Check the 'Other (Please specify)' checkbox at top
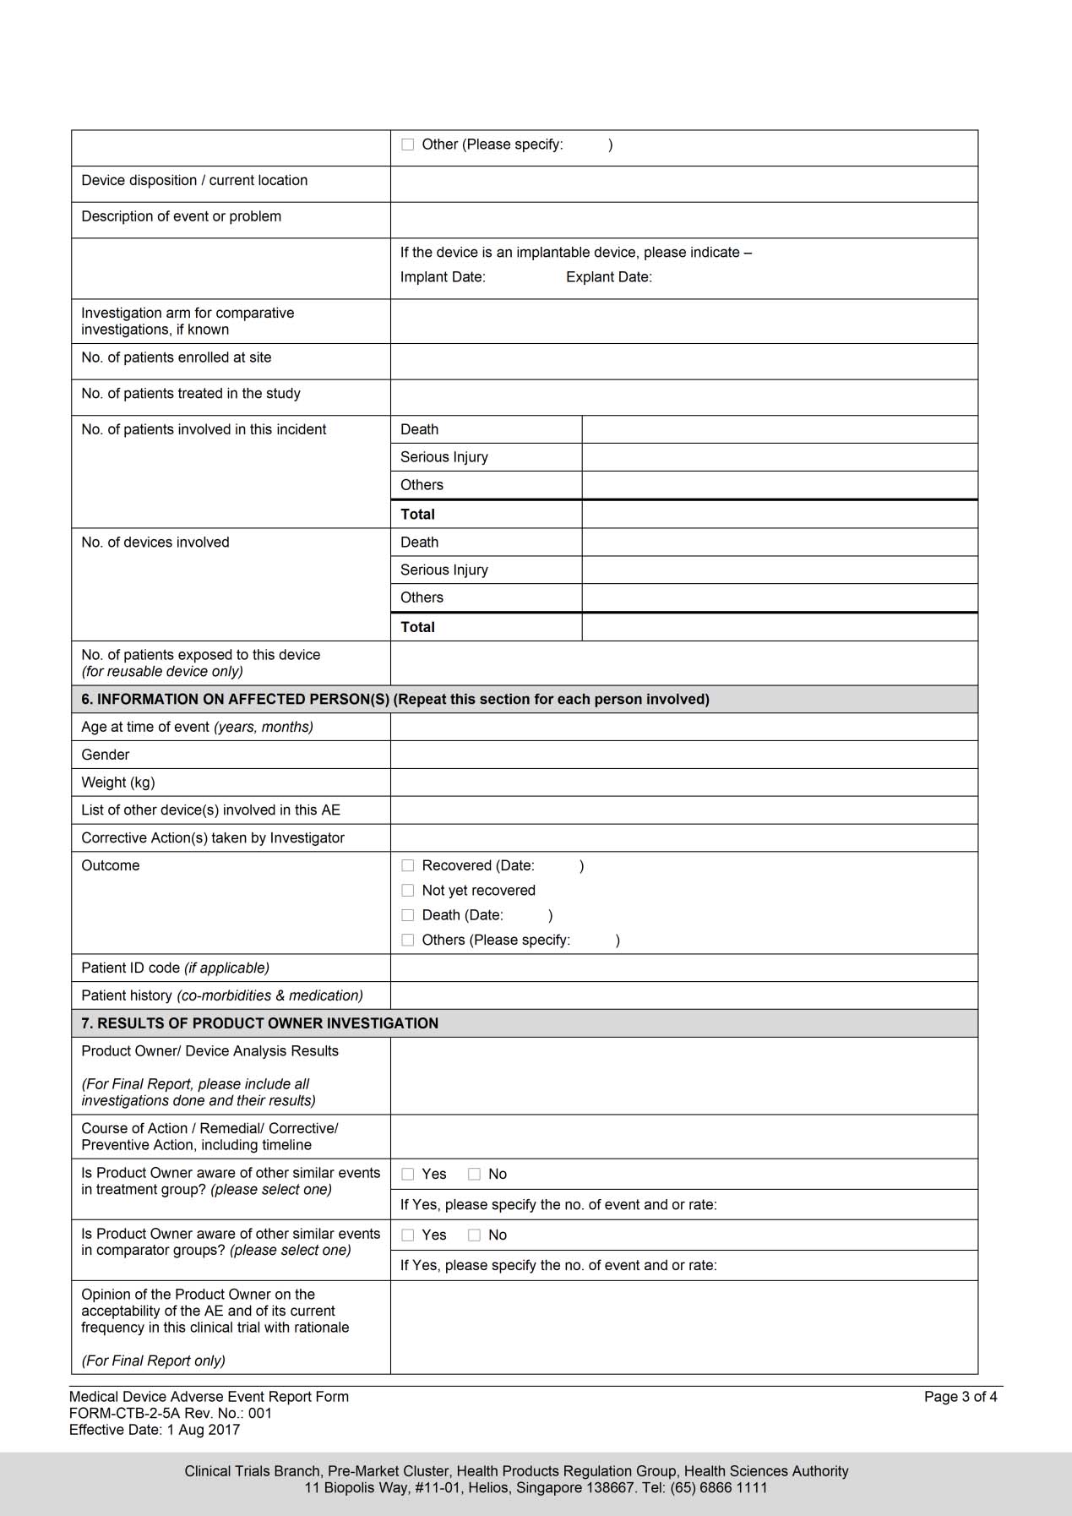[x=408, y=145]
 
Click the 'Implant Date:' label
[x=443, y=277]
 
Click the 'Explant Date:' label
[x=608, y=277]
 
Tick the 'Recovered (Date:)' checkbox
[x=408, y=865]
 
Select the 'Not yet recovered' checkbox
[x=408, y=891]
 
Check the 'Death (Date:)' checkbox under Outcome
[x=408, y=915]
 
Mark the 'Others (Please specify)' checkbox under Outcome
[x=408, y=940]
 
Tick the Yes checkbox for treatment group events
[x=408, y=1174]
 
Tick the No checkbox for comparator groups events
[x=475, y=1235]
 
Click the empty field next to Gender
[x=683, y=755]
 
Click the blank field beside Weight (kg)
[x=683, y=783]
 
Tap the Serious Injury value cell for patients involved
[x=779, y=457]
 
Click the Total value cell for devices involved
[x=779, y=627]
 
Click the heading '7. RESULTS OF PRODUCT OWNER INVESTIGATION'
[x=260, y=1023]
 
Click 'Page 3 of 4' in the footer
[x=960, y=1397]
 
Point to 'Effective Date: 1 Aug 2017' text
[x=155, y=1430]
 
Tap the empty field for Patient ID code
[x=683, y=968]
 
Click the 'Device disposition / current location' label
[x=194, y=181]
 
